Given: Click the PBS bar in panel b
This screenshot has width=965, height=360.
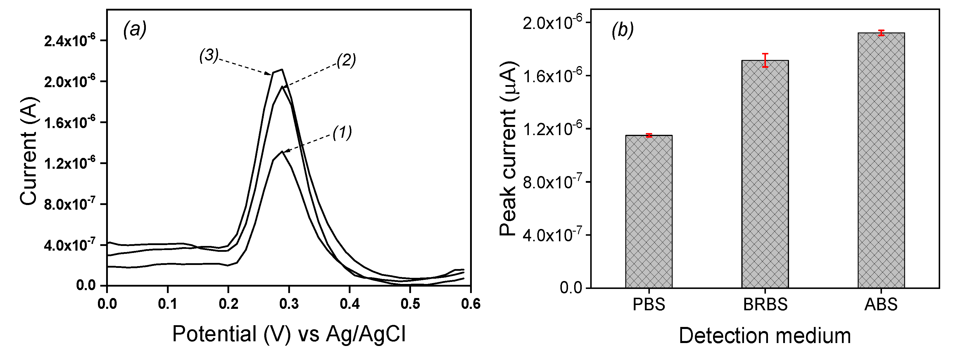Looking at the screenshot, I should click(648, 212).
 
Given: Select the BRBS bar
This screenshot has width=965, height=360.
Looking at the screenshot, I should click(765, 174).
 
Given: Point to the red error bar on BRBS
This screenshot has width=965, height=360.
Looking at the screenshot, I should click(765, 60).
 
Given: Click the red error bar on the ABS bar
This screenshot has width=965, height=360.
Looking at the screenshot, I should click(881, 33).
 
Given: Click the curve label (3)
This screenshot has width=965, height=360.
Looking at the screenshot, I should click(209, 56).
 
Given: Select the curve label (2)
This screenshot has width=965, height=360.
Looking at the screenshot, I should click(346, 60).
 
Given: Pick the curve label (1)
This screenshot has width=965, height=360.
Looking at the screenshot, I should click(342, 132).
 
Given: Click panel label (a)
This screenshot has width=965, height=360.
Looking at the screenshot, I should click(135, 29).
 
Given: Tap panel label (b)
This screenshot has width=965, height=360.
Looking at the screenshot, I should click(623, 30).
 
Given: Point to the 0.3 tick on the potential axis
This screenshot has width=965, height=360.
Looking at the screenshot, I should click(289, 304).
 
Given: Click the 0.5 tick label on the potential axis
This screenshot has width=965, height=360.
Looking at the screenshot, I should click(410, 304).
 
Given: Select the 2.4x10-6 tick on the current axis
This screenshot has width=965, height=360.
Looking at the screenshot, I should click(70, 40).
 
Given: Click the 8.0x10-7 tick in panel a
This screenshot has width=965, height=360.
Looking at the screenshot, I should click(70, 204).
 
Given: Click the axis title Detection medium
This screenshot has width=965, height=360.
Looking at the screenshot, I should click(764, 336).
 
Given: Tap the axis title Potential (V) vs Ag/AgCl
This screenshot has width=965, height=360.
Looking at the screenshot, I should click(289, 334).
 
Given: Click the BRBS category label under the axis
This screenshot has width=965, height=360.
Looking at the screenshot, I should click(765, 304).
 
